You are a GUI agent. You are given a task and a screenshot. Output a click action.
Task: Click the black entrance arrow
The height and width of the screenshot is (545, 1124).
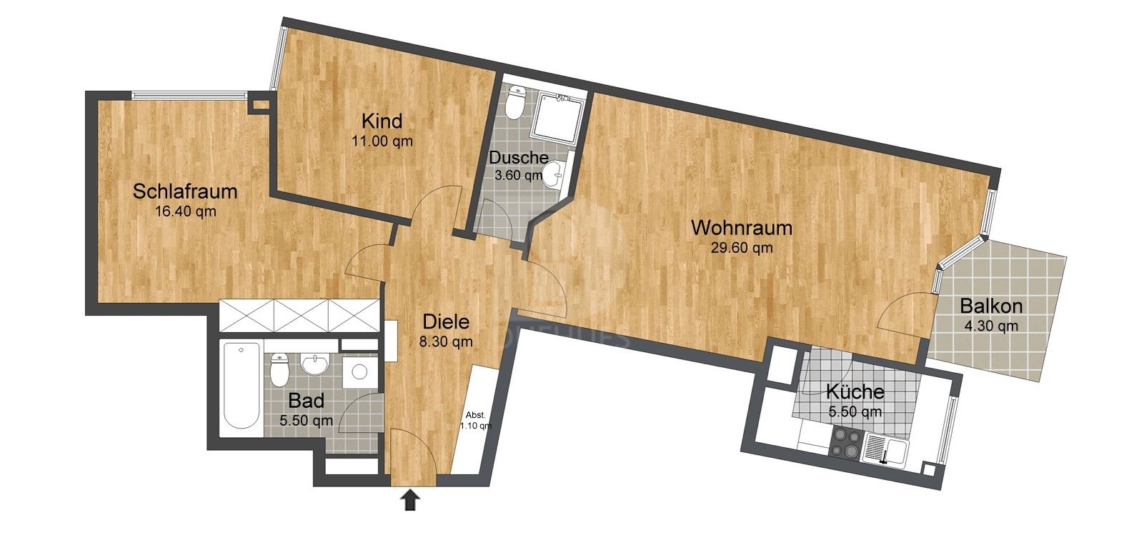410,501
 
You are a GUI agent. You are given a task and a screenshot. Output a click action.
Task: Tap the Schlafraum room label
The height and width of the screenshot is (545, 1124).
184,191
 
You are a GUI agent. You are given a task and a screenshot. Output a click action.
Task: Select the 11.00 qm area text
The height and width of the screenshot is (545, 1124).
382,141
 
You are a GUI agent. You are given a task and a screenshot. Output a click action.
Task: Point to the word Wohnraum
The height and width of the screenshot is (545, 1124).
742,228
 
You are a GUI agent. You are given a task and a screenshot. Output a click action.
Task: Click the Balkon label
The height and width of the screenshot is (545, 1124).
991,306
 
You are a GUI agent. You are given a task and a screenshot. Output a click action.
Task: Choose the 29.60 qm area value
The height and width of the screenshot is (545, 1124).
742,248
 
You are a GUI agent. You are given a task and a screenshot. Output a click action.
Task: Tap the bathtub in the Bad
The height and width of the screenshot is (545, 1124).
242,385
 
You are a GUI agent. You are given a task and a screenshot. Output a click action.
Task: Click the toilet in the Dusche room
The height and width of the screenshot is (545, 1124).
514,103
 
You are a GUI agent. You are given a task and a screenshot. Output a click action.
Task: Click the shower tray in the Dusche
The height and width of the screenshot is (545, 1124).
558,117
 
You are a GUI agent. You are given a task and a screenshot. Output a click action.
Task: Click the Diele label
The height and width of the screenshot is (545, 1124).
446,322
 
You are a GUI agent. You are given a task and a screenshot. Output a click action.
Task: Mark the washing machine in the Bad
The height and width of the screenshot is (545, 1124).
359,371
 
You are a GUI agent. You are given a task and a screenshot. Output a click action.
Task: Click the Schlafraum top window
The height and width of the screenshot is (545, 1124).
189,94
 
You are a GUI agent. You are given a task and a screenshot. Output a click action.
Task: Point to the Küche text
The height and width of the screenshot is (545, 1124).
855,391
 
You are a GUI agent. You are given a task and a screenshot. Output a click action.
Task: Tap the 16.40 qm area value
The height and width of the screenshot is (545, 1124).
186,211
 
